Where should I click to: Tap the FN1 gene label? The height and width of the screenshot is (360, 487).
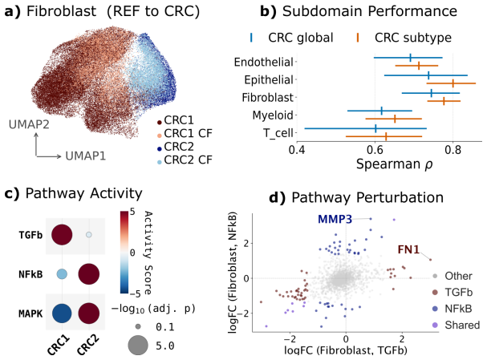click(x=408, y=249)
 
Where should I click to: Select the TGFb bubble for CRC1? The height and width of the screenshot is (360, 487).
click(x=62, y=234)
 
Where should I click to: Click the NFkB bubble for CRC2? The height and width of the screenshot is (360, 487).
click(x=89, y=274)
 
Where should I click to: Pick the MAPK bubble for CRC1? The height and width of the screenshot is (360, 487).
click(x=62, y=313)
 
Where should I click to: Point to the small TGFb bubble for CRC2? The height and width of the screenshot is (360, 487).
click(x=89, y=235)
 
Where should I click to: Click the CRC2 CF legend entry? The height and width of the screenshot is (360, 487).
click(x=185, y=160)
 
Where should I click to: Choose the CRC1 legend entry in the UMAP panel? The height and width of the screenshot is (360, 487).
click(x=176, y=120)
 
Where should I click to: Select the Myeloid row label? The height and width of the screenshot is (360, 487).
click(x=273, y=115)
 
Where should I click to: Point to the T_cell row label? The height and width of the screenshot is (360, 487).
click(x=278, y=133)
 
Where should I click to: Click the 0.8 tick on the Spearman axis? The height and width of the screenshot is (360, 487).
click(x=453, y=150)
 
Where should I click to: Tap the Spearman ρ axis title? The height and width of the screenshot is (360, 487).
click(x=395, y=164)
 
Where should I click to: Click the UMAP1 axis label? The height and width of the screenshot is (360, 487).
click(x=85, y=156)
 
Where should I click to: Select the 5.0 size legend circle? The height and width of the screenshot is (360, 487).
click(x=138, y=345)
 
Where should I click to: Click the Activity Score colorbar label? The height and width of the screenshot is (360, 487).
click(x=148, y=253)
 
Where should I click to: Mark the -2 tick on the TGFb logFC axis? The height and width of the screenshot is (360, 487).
click(x=290, y=338)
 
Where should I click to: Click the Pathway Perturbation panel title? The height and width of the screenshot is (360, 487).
click(x=356, y=197)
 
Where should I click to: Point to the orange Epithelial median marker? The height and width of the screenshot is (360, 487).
click(x=453, y=83)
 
